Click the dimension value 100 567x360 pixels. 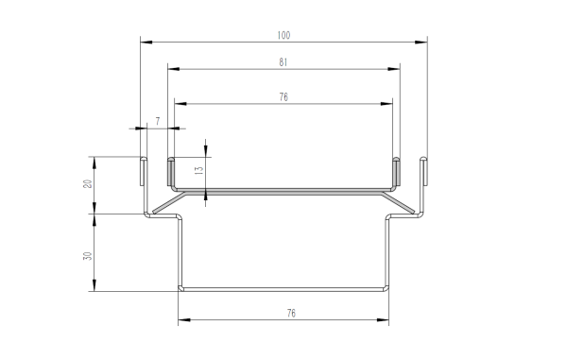coord(283,35)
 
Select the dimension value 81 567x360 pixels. coord(283,62)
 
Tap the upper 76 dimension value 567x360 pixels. coord(283,95)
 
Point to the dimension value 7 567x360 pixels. coord(158,121)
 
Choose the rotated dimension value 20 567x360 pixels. coord(87,184)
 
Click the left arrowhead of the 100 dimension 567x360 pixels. coord(145,42)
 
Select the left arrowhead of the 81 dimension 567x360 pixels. coord(172,69)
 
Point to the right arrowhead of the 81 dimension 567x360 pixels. coord(393,69)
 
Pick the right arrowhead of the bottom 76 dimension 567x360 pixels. coord(384,319)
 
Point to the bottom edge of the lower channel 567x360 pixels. coord(283,288)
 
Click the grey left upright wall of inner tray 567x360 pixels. coord(171,173)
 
